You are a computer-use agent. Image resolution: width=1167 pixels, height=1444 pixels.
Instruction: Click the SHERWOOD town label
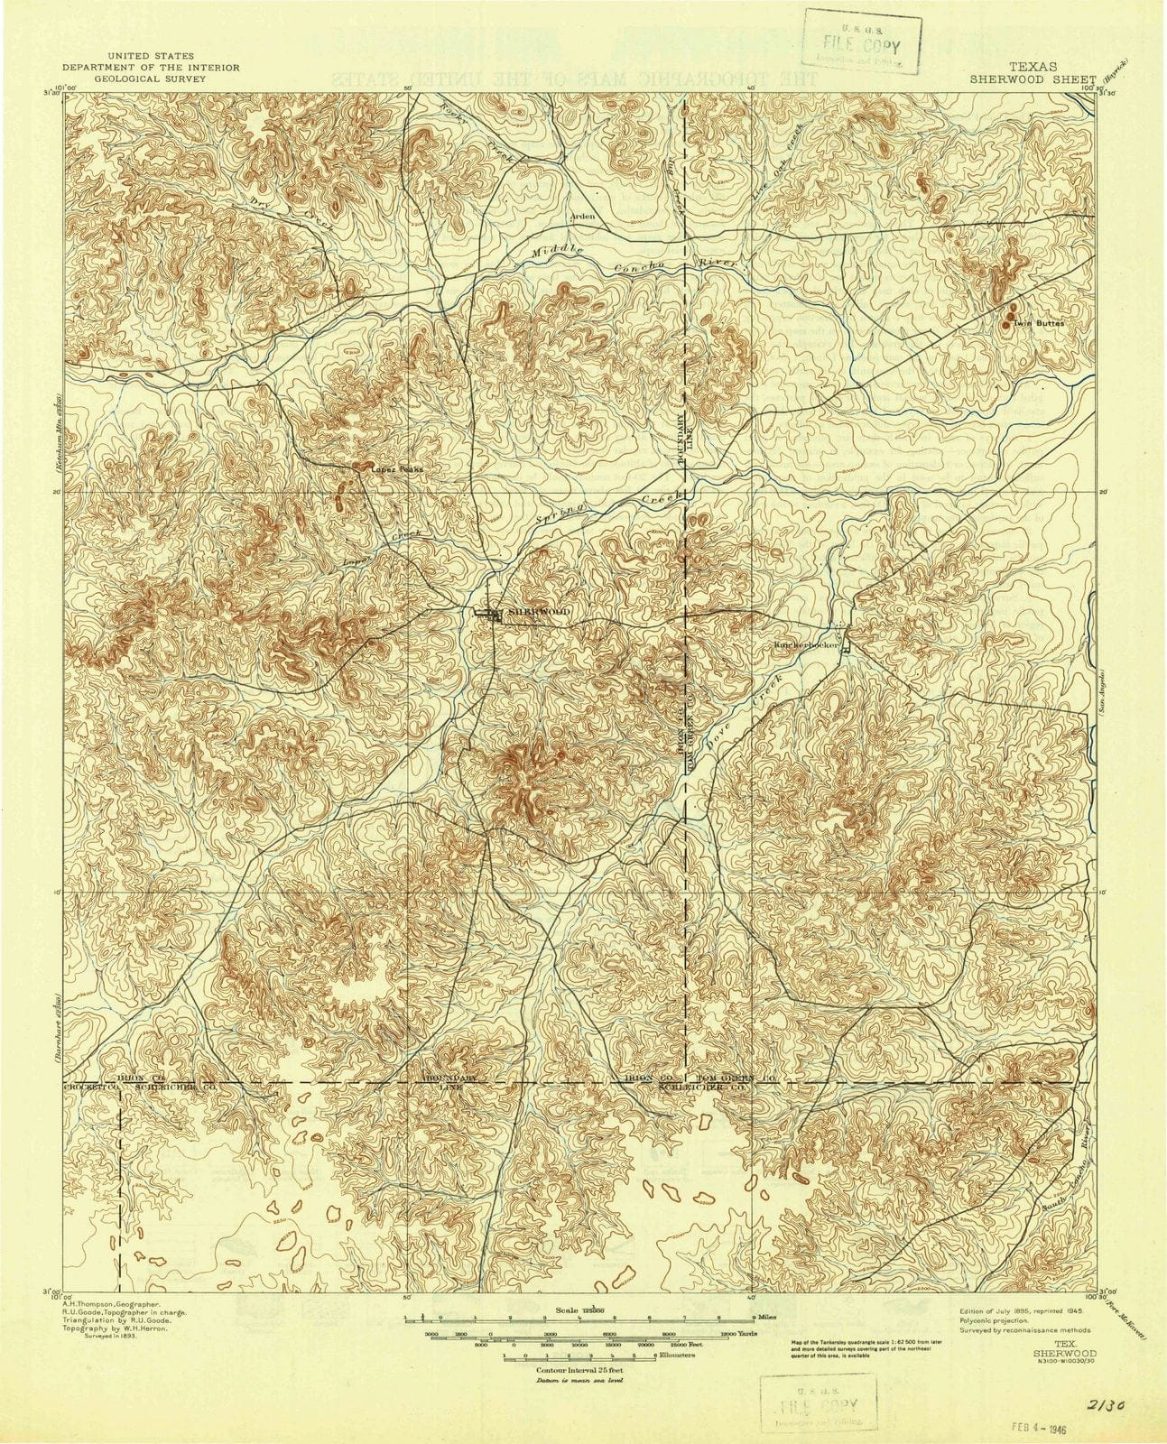coord(540,612)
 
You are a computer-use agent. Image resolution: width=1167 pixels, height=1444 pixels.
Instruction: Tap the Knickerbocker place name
coord(808,645)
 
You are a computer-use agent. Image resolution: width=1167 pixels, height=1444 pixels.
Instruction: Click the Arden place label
coord(581,218)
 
